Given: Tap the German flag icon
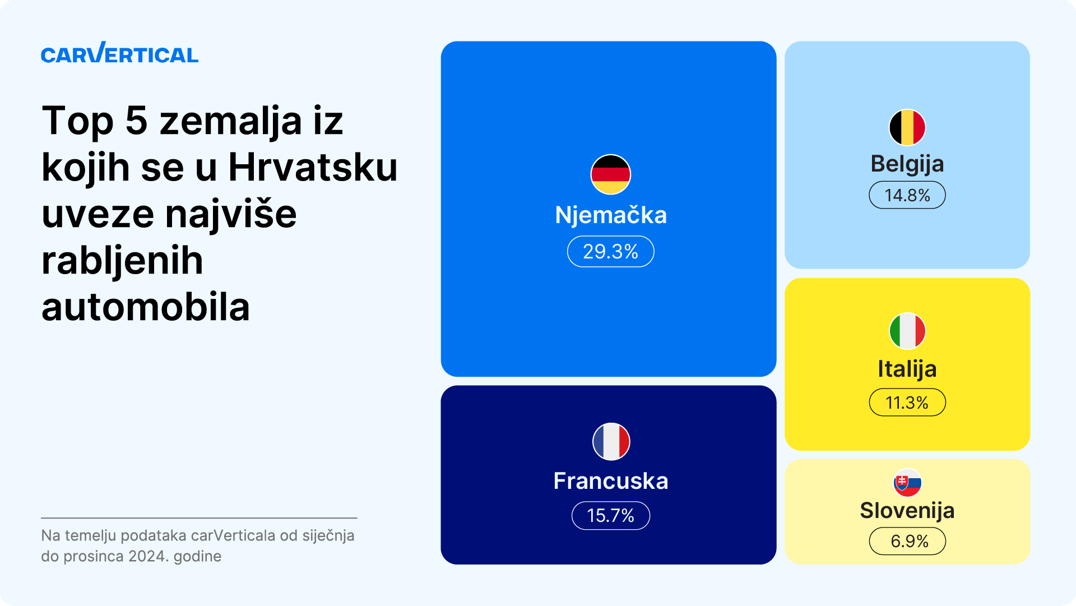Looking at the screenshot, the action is (611, 174).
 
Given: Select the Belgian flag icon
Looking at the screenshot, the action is (907, 127).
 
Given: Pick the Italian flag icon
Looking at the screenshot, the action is (907, 331).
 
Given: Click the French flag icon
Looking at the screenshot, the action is (611, 441).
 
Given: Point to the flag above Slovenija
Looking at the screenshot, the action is (907, 483).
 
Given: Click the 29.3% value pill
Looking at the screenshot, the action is (611, 252).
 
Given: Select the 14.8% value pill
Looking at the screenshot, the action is (907, 195).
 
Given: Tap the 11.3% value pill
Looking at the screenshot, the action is (907, 403).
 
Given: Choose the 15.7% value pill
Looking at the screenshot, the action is (611, 516).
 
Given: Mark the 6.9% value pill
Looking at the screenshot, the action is (907, 542).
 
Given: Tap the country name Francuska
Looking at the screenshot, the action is (611, 481).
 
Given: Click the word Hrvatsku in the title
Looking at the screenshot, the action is (313, 167).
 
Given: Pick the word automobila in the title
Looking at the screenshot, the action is (146, 307).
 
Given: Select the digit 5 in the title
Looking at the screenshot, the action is (136, 121).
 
